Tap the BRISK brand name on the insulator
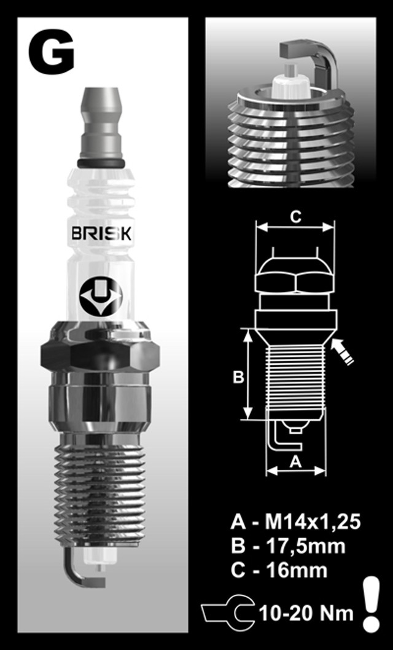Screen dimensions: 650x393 click(x=102, y=234)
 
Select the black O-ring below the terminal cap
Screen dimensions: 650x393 click(x=101, y=163)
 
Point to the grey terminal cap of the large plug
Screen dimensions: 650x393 click(x=101, y=123)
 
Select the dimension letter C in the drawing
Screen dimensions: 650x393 click(x=295, y=216)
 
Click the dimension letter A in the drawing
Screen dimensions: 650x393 click(x=295, y=461)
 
